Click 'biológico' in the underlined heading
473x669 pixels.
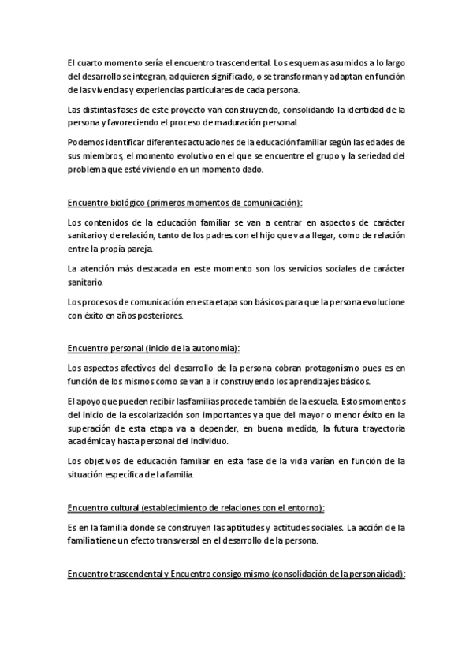pyautogui.click(x=128, y=202)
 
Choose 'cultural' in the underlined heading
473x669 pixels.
pyautogui.click(x=123, y=507)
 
